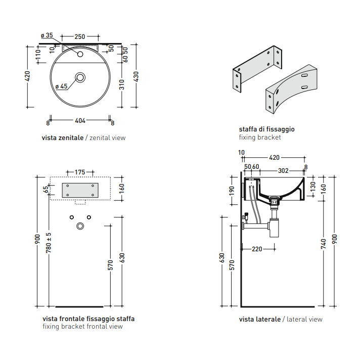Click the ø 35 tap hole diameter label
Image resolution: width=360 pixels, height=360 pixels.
tap(47, 35)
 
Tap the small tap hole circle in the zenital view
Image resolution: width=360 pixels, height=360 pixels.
tap(80, 54)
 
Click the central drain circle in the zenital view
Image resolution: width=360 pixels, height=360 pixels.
tap(80, 77)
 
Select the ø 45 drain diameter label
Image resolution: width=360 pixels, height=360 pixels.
tap(62, 86)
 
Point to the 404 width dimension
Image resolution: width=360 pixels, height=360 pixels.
tap(80, 120)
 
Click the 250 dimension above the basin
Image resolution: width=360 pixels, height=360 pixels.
tap(80, 36)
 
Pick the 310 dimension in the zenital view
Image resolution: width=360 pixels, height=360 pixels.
tap(122, 84)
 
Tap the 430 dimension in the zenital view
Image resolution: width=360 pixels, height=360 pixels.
tap(136, 76)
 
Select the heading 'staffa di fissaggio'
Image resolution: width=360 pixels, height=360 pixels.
tap(266, 129)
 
